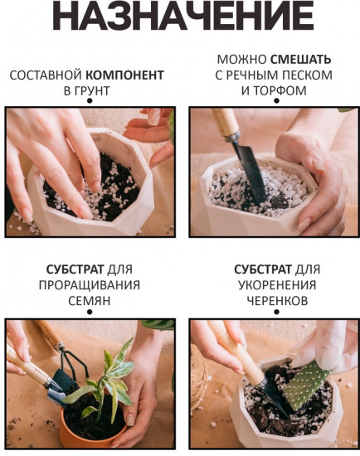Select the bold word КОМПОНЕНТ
click(129, 75)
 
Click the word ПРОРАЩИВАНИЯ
click(88, 284)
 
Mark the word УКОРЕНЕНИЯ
click(276, 284)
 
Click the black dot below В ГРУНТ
click(89, 101)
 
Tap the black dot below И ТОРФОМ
click(276, 101)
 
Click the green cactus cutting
click(308, 382)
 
